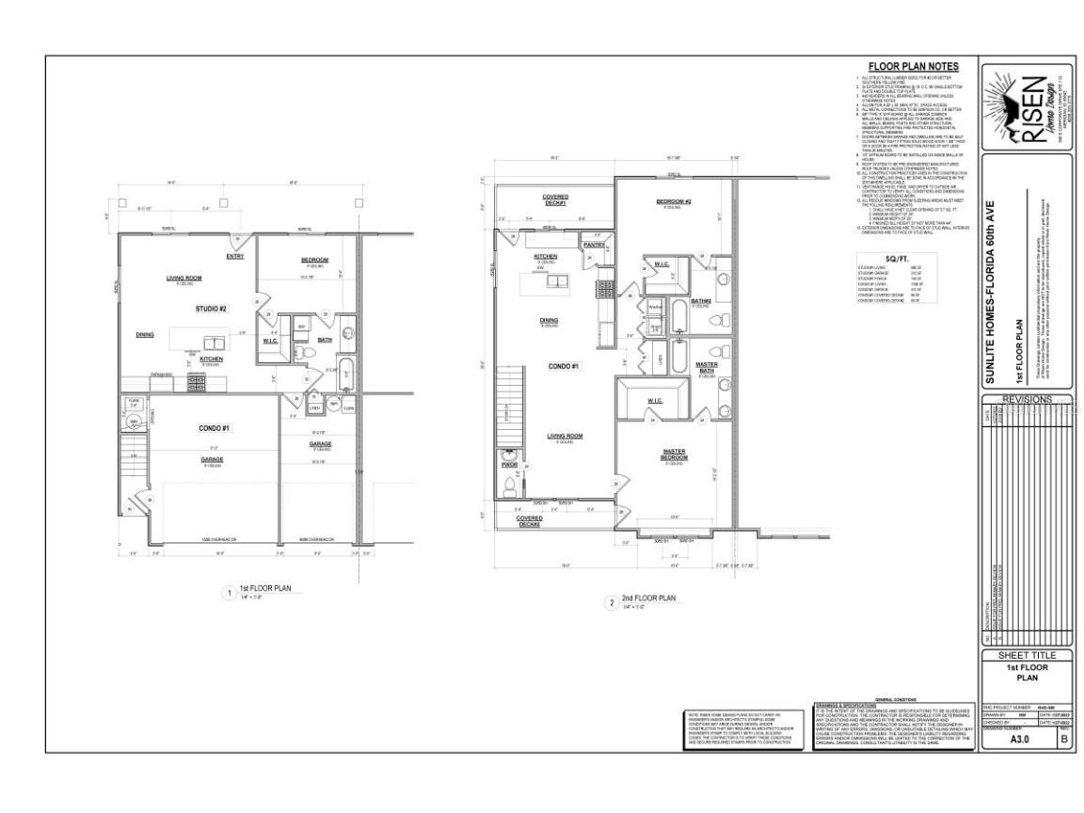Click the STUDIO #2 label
(x=212, y=309)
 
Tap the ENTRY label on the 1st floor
(x=235, y=257)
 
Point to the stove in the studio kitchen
(x=198, y=383)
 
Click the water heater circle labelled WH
(x=135, y=422)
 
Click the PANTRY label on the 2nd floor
(x=594, y=245)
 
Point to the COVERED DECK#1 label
(x=554, y=200)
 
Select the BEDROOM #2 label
(x=674, y=202)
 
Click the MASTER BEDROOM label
(x=674, y=454)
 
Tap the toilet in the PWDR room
(x=509, y=486)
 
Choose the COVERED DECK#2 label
(x=530, y=521)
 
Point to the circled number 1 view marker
(x=227, y=593)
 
